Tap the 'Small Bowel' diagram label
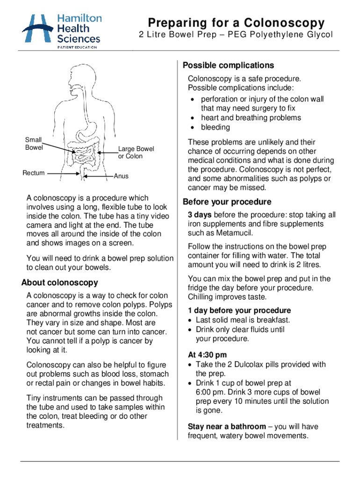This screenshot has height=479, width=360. (x=34, y=144)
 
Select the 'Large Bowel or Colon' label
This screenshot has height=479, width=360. (x=136, y=152)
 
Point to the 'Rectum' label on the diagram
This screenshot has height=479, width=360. (x=34, y=173)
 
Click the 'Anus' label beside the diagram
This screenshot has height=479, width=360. (x=121, y=176)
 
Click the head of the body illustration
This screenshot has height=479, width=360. (x=82, y=77)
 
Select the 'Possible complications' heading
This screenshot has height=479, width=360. (x=228, y=65)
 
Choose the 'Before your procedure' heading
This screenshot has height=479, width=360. (x=227, y=202)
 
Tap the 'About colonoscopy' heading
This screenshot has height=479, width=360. (x=60, y=283)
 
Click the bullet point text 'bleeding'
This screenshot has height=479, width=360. (x=216, y=127)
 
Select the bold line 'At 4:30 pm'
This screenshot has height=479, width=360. (x=207, y=355)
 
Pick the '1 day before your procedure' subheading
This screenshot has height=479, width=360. (x=239, y=311)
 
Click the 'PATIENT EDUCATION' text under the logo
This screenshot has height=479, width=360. (x=77, y=47)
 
